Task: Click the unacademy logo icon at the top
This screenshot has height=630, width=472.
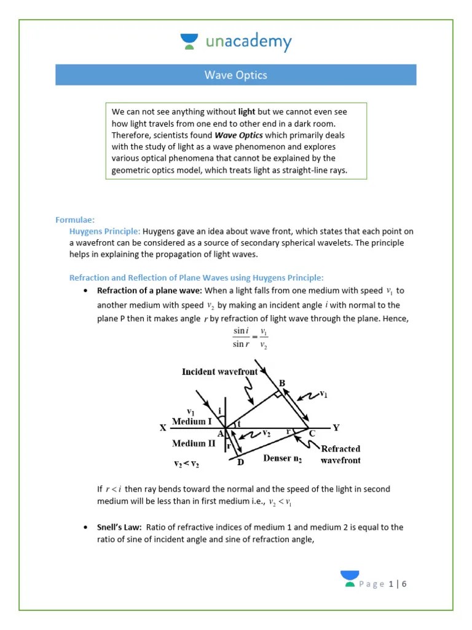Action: (189, 42)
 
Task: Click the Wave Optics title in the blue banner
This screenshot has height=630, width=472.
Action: (235, 75)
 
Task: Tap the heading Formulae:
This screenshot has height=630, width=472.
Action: (75, 220)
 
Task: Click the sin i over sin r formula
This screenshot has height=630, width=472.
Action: (250, 338)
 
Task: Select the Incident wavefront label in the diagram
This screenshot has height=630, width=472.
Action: (220, 372)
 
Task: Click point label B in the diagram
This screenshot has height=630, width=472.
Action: (282, 383)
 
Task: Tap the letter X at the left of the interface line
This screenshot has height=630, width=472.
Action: (163, 428)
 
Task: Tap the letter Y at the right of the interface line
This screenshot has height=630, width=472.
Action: (336, 428)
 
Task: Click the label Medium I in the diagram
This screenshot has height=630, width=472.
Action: (192, 421)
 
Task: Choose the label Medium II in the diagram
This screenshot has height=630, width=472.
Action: (194, 443)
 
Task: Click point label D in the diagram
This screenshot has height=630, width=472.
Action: (240, 463)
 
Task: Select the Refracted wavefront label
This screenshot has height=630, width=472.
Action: (340, 454)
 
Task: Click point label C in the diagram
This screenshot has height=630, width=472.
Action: (312, 433)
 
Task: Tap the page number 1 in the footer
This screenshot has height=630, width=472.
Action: (391, 584)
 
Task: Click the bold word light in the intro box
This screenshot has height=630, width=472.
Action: (246, 111)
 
